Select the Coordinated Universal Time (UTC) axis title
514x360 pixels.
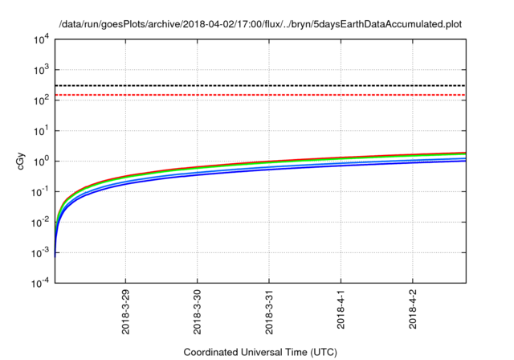click(260, 352)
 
